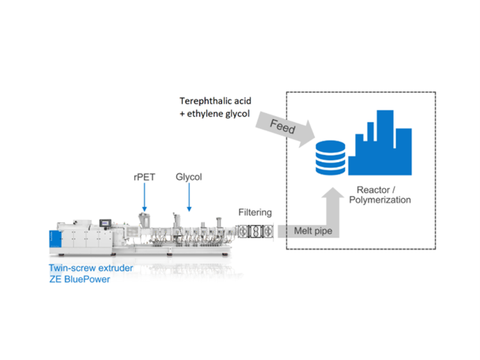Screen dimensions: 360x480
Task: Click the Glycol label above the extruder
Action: [189, 177]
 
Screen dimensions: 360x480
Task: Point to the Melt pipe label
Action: [312, 231]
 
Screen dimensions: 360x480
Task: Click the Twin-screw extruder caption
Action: [91, 268]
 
